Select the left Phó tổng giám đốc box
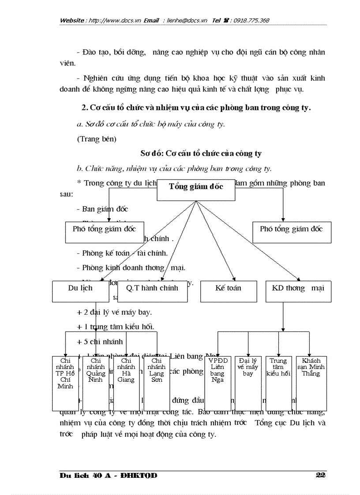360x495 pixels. tap(104, 231)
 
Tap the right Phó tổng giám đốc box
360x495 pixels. tap(292, 231)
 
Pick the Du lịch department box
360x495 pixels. tap(80, 291)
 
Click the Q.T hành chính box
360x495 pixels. tap(152, 291)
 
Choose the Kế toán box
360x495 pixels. tap(228, 291)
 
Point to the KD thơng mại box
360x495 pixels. tap(298, 291)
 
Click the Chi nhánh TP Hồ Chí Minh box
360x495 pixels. tap(65, 383)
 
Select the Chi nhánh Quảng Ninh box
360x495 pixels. tap(96, 383)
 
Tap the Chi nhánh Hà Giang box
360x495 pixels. tap(126, 383)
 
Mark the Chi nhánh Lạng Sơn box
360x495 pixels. tap(157, 383)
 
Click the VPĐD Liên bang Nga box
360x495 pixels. tap(217, 383)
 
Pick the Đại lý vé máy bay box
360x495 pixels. tap(248, 383)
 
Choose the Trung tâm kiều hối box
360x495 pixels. tap(278, 383)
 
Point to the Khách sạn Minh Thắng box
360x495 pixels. tap(311, 383)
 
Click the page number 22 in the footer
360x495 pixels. tap(321, 475)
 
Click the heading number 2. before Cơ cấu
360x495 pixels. tap(85, 108)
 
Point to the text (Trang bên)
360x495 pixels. tap(97, 139)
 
